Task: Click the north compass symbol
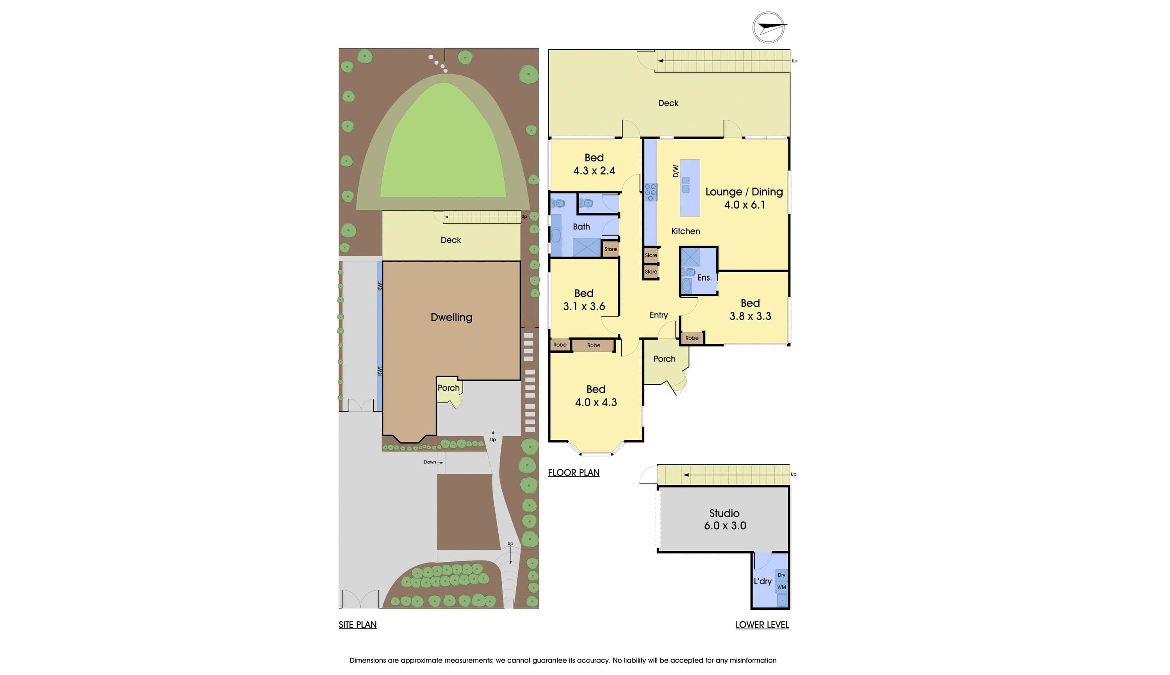pyautogui.click(x=768, y=27)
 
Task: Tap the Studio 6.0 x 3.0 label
pyautogui.click(x=725, y=519)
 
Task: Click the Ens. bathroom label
pyautogui.click(x=704, y=277)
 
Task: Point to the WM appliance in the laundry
pyautogui.click(x=782, y=587)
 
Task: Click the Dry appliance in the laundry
pyautogui.click(x=782, y=575)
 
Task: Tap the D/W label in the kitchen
pyautogui.click(x=676, y=171)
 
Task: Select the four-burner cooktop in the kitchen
pyautogui.click(x=651, y=192)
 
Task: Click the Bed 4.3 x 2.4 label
pyautogui.click(x=594, y=164)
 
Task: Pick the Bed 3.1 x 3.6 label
pyautogui.click(x=584, y=300)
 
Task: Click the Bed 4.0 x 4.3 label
pyautogui.click(x=596, y=395)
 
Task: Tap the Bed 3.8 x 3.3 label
pyautogui.click(x=750, y=309)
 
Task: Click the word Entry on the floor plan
pyautogui.click(x=658, y=315)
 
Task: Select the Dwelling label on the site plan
pyautogui.click(x=451, y=317)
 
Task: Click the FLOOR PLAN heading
pyautogui.click(x=574, y=472)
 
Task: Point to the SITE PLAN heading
pyautogui.click(x=357, y=625)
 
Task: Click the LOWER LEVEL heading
pyautogui.click(x=762, y=625)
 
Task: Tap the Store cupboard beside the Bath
pyautogui.click(x=610, y=249)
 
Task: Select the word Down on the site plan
pyautogui.click(x=430, y=462)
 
